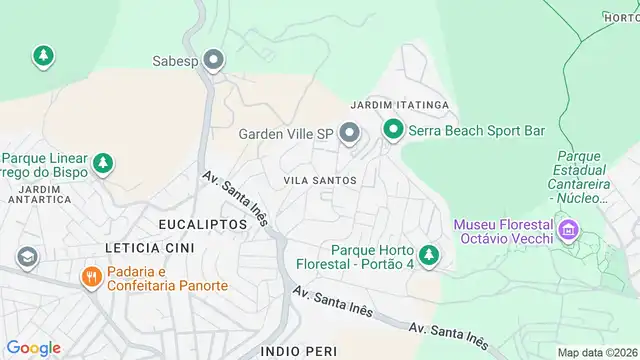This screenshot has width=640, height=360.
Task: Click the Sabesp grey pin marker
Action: click(213, 60)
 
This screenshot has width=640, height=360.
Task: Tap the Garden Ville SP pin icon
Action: click(349, 132)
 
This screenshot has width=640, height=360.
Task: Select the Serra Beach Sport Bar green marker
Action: click(393, 130)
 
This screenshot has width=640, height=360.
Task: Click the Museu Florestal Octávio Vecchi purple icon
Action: click(568, 231)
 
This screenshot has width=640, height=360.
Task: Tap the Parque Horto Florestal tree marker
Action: click(429, 255)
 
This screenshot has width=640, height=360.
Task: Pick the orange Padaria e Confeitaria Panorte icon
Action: click(90, 277)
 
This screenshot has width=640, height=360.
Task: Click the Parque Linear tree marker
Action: click(102, 163)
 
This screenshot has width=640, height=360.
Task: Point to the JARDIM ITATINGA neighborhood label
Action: click(399, 105)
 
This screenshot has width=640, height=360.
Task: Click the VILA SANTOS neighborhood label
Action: click(320, 180)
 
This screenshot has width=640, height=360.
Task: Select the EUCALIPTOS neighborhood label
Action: click(202, 224)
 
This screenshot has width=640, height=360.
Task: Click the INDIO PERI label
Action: click(294, 351)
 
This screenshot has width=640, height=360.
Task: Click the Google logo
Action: click(33, 347)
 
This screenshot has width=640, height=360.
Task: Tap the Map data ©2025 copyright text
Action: click(597, 352)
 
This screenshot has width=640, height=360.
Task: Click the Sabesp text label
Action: click(174, 60)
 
